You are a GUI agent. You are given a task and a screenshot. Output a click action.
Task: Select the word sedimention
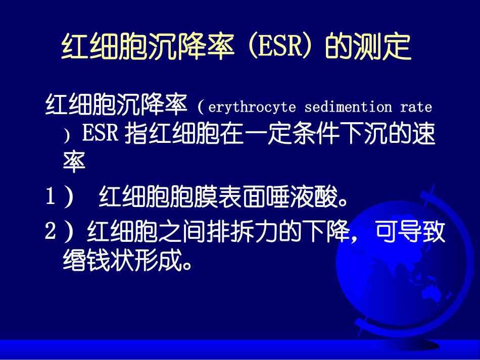point(348,107)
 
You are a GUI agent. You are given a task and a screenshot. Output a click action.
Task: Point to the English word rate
point(416,107)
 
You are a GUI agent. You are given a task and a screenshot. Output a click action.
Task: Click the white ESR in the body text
point(100,135)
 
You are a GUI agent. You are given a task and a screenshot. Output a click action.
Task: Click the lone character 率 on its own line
point(74,162)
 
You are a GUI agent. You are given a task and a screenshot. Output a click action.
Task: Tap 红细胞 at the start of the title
point(96,47)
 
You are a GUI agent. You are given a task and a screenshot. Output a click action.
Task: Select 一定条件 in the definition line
point(291,135)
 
